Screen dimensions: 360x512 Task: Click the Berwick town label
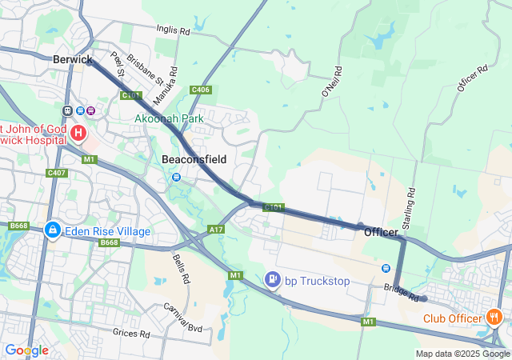click(73, 59)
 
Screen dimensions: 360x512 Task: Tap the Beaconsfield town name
click(194, 159)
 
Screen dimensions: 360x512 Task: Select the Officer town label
click(381, 232)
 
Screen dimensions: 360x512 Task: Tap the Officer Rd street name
click(473, 82)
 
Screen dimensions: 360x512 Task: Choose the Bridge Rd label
click(402, 292)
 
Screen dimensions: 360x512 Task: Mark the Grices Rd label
click(131, 332)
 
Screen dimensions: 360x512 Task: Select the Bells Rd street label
click(181, 270)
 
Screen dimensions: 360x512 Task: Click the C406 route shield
click(201, 90)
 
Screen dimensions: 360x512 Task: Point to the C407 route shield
click(57, 173)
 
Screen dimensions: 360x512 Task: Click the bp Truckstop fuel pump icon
click(273, 280)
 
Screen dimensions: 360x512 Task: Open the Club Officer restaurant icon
click(494, 318)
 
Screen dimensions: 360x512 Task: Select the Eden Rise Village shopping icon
click(52, 231)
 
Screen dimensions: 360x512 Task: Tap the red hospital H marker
click(78, 132)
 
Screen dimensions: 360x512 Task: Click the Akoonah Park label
click(169, 118)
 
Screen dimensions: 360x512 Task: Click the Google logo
click(26, 350)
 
